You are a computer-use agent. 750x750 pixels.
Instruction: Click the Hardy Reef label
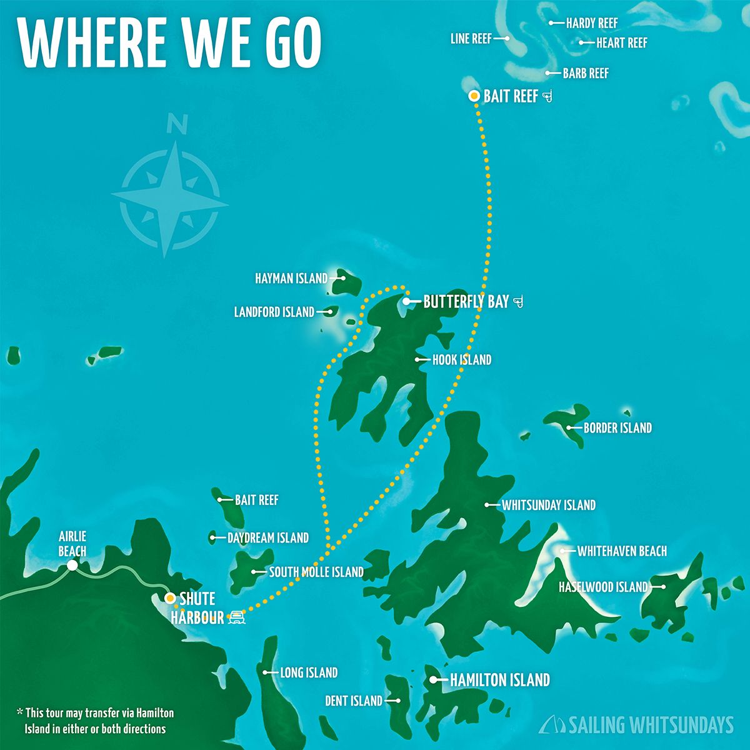click(x=591, y=23)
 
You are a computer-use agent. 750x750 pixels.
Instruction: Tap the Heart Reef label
click(x=621, y=43)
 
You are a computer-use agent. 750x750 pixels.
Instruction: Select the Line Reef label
click(x=471, y=39)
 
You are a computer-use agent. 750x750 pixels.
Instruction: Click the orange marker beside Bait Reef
click(x=474, y=96)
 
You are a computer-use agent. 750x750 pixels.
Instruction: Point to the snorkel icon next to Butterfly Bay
click(x=517, y=302)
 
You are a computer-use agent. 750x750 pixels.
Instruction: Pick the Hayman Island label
click(x=291, y=278)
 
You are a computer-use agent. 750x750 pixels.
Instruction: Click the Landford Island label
click(x=274, y=311)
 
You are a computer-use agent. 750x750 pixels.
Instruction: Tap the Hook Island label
click(x=461, y=360)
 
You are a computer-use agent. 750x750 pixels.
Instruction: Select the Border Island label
click(x=617, y=428)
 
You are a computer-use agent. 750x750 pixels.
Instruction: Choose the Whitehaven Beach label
click(x=621, y=551)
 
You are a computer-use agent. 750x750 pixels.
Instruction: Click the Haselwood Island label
click(x=602, y=587)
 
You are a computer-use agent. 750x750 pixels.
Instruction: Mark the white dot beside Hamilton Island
click(x=433, y=679)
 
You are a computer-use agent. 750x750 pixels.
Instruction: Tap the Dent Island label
click(x=353, y=701)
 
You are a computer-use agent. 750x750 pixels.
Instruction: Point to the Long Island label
click(x=308, y=673)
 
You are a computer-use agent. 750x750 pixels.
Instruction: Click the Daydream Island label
click(x=267, y=537)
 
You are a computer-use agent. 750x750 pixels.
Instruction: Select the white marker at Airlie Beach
click(x=72, y=566)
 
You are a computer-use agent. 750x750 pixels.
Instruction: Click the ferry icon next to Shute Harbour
click(x=237, y=618)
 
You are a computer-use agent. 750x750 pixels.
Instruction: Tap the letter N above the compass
click(x=177, y=125)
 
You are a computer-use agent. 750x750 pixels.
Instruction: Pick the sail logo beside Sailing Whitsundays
click(x=552, y=724)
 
